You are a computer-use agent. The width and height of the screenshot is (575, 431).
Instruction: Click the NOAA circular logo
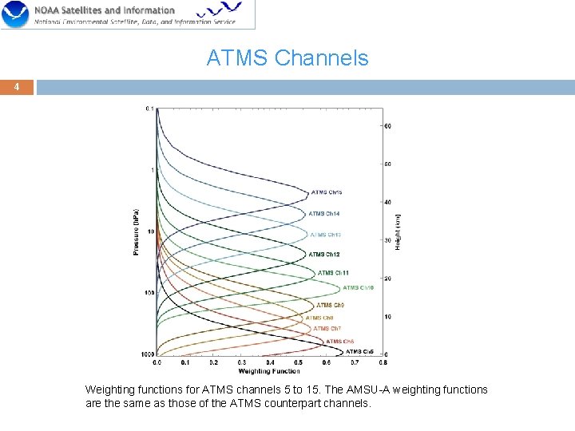[x=15, y=15]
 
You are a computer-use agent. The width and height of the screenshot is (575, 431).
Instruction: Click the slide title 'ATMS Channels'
[x=287, y=58]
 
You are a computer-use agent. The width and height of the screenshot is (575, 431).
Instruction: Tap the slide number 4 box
[x=17, y=86]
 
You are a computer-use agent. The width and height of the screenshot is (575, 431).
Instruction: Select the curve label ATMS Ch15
[x=327, y=192]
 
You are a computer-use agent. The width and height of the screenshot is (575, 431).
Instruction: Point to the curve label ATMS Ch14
[x=324, y=214]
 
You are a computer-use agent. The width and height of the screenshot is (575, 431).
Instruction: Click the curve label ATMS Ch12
[x=324, y=255]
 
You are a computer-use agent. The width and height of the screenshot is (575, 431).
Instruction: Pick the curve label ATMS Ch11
[x=334, y=273]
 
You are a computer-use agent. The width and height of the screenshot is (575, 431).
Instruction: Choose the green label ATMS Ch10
[x=358, y=288]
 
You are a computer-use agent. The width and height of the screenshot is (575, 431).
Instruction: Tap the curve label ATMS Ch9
[x=330, y=306]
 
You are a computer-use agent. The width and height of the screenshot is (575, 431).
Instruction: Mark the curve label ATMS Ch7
[x=327, y=329]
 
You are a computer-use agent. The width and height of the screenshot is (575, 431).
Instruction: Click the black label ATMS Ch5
[x=359, y=352]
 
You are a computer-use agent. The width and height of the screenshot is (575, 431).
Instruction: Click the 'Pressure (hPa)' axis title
[x=135, y=232]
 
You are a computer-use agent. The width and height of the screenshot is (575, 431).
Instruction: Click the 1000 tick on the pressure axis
[x=148, y=354]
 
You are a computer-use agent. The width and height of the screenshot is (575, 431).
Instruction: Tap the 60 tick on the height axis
[x=388, y=126]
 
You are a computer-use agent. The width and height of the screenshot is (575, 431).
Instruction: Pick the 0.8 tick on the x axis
[x=383, y=362]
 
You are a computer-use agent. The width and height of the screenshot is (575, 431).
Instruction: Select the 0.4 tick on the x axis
[x=270, y=362]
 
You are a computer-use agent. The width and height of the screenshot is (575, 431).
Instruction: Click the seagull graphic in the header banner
[x=220, y=10]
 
